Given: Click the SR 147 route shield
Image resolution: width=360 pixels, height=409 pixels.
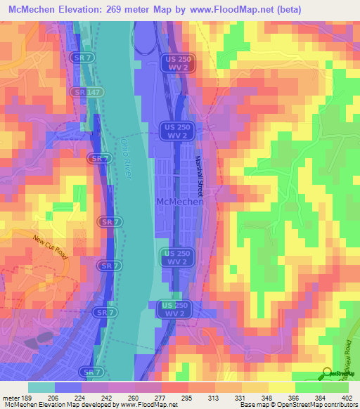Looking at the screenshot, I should (x=80, y=92).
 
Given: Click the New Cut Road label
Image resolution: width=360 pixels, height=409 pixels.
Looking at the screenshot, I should (x=50, y=247).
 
